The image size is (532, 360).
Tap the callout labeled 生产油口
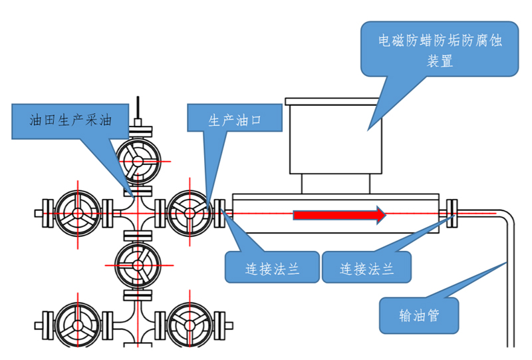tap(235, 120)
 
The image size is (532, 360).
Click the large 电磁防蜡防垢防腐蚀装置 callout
tap(440, 50)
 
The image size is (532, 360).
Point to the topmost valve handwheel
tap(138, 160)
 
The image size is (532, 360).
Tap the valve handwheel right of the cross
tap(189, 214)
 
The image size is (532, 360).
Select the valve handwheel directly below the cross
tap(138, 264)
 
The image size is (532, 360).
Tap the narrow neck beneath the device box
tap(336, 183)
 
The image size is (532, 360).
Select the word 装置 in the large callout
tap(440, 62)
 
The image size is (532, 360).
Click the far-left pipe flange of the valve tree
tap(47, 214)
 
